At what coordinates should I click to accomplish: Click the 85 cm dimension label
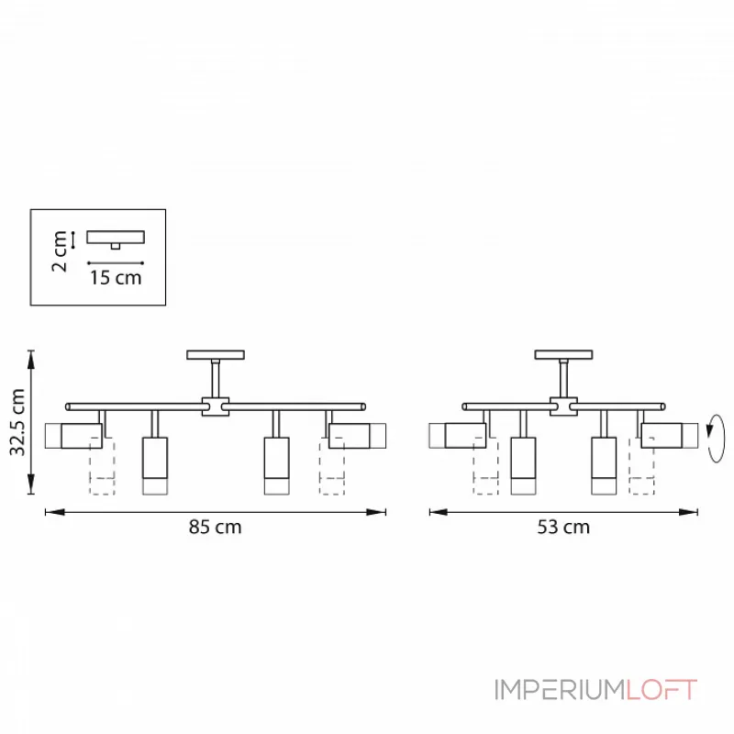pyautogui.click(x=215, y=527)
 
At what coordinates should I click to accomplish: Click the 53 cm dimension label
pyautogui.click(x=563, y=527)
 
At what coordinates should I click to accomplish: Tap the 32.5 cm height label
pyautogui.click(x=17, y=422)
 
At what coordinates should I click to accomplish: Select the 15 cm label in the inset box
pyautogui.click(x=116, y=278)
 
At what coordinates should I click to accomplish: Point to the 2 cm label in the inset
pyautogui.click(x=60, y=251)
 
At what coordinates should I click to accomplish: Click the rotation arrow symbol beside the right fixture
pyautogui.click(x=716, y=439)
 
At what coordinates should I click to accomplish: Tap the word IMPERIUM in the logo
pyautogui.click(x=560, y=690)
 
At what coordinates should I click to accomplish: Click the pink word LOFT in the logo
pyautogui.click(x=661, y=690)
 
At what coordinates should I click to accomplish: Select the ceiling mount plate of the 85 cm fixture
pyautogui.click(x=216, y=355)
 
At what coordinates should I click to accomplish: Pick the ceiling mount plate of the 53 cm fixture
pyautogui.click(x=563, y=355)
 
